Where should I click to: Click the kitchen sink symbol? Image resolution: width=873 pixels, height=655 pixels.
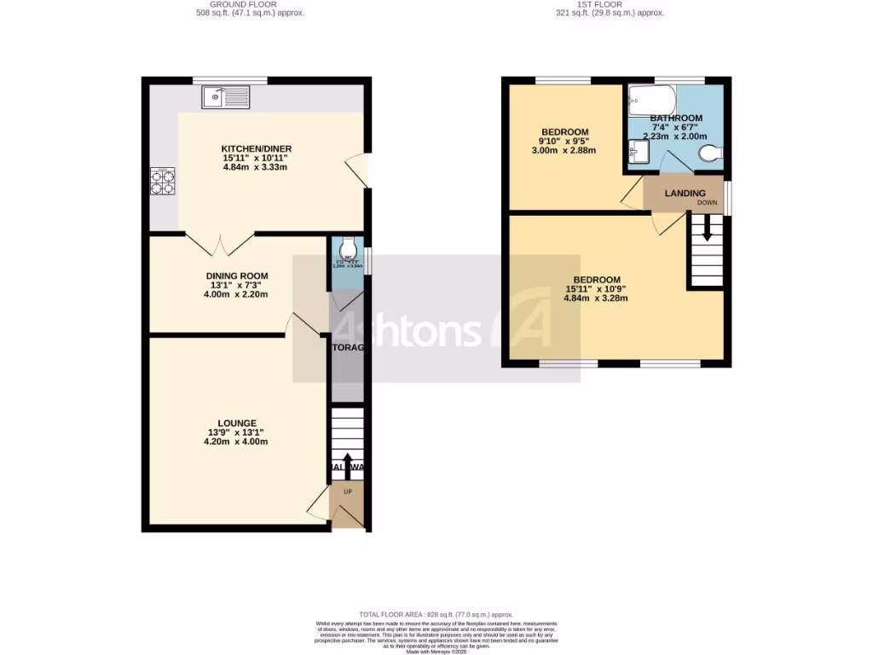click(x=226, y=98)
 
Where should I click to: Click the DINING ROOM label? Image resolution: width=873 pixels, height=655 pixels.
click(x=236, y=275)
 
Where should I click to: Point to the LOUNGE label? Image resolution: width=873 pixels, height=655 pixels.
click(x=237, y=423)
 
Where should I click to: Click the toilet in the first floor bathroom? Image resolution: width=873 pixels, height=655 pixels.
click(x=709, y=153)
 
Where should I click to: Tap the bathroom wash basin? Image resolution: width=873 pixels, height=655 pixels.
click(x=638, y=154)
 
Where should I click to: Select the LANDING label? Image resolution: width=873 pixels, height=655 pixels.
click(x=685, y=194)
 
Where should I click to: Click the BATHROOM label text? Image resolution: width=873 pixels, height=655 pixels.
click(x=676, y=118)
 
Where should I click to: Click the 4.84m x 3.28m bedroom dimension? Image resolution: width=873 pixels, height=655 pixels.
click(x=597, y=299)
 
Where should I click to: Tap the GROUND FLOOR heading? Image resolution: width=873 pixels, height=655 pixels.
click(x=243, y=4)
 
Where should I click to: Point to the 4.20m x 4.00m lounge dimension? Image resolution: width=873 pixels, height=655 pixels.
click(x=237, y=442)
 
